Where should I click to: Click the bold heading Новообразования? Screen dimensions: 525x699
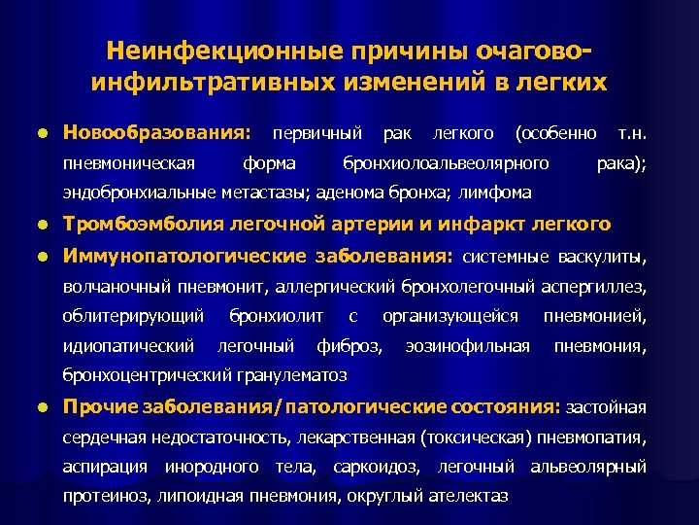[155, 131]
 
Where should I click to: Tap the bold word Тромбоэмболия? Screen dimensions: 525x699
[143, 225]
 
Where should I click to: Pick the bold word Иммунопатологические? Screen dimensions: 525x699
[185, 258]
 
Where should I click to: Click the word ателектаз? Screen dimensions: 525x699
[460, 496]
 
